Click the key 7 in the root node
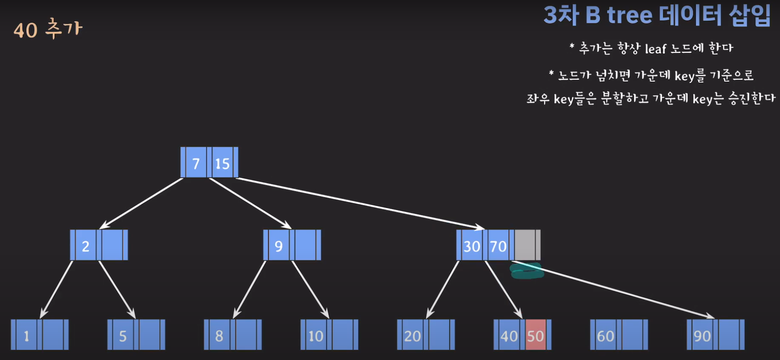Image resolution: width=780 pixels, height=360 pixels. point(196,163)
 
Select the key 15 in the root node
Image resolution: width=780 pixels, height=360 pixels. point(222,163)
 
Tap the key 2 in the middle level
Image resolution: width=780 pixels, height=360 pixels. point(85,246)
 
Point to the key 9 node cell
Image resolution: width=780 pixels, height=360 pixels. point(278,246)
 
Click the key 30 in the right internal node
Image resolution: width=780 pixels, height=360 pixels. point(471,246)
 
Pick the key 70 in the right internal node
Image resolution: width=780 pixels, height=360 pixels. point(498,246)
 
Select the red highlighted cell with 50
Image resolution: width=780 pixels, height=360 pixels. point(536,336)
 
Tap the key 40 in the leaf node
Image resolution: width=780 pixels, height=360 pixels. point(509,336)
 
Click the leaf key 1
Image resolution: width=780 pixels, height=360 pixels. point(26,336)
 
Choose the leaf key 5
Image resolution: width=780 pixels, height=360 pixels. point(123,336)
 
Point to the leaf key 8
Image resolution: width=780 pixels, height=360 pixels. point(219,336)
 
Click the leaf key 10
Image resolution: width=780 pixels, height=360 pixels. point(316,336)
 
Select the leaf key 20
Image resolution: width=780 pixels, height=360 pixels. point(412,336)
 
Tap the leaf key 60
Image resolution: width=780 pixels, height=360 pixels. point(605,336)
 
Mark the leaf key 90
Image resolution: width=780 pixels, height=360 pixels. point(702,336)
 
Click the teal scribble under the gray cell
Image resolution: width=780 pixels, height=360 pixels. point(527,271)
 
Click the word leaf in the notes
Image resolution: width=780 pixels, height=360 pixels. point(655,49)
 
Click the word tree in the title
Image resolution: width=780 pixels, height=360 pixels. point(629,15)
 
